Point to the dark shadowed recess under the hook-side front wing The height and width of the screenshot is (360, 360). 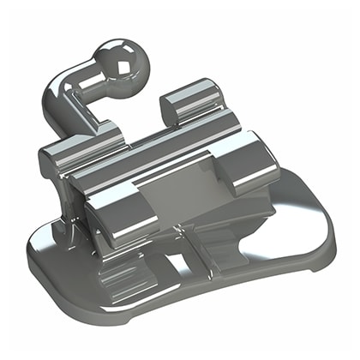tap(94, 214)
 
